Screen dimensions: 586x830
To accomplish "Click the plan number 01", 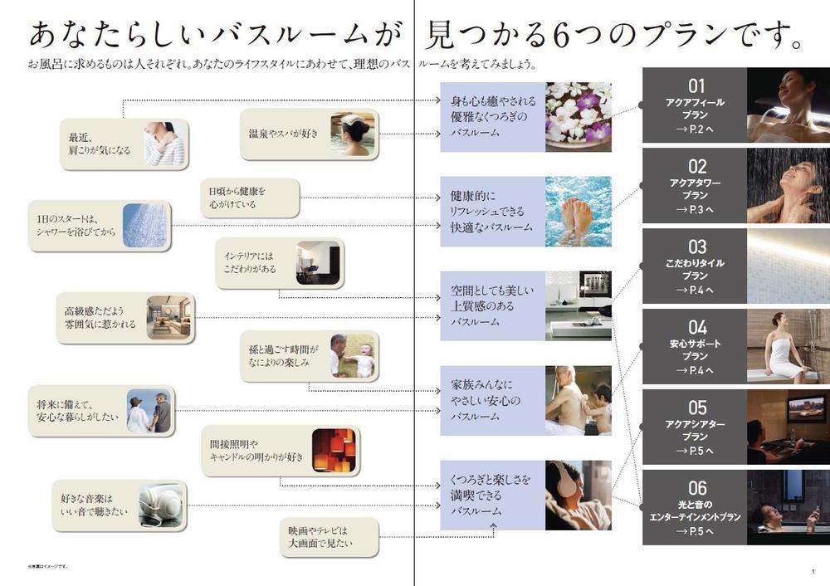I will click(x=696, y=85).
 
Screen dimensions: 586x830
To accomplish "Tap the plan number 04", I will click(x=696, y=327).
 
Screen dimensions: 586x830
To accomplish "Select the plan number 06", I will click(x=696, y=488).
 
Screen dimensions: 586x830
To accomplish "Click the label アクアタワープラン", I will click(x=696, y=188).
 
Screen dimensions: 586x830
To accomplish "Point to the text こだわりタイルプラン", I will click(x=696, y=269).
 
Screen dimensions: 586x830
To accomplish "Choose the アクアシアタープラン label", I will click(x=696, y=430).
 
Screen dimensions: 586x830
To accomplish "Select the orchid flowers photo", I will click(x=579, y=116).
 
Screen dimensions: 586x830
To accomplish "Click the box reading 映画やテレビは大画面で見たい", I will click(x=330, y=537).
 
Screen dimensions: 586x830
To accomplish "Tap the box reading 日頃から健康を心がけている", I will click(x=250, y=198).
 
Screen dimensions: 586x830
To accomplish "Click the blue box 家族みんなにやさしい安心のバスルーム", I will click(x=491, y=401).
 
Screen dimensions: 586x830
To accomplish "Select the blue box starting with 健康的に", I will click(x=491, y=211).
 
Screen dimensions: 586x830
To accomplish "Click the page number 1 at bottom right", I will click(x=813, y=571).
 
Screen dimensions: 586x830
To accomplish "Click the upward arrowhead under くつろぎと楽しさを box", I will click(x=492, y=525).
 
